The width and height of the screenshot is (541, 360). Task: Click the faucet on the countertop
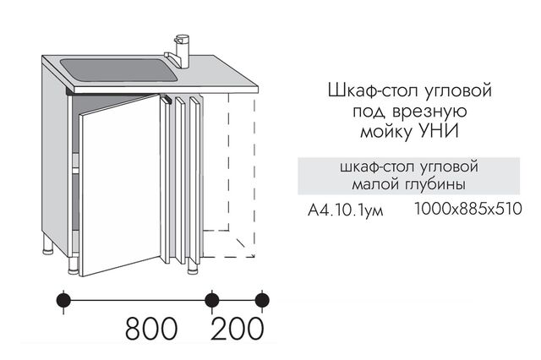coord(182,52)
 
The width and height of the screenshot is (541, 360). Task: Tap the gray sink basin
coord(119,70)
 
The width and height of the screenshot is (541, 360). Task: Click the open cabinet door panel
coord(120,185)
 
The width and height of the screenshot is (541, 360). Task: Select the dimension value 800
coord(151,329)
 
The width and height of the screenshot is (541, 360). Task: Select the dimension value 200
coord(238,329)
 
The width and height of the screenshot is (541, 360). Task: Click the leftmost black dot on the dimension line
coord(63,300)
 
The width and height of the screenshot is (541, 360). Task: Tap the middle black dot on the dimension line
coord(211,300)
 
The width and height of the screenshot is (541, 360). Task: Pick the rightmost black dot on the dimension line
coord(262,300)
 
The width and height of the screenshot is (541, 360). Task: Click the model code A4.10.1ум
coord(346,210)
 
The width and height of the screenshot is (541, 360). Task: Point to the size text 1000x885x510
coord(467,209)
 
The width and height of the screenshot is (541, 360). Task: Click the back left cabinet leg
coord(47,246)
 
